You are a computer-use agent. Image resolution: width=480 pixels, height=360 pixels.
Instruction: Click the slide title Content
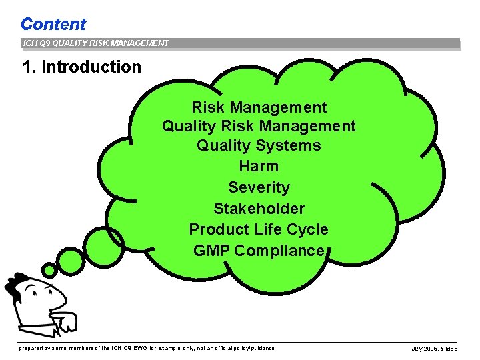[53, 24]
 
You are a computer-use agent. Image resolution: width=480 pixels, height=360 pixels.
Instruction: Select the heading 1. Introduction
[81, 67]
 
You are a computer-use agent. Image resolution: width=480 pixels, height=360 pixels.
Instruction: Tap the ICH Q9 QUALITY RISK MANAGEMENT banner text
[95, 43]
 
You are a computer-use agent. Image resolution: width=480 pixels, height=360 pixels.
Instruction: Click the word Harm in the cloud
[259, 166]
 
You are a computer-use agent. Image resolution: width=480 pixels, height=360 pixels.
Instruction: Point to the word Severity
[259, 187]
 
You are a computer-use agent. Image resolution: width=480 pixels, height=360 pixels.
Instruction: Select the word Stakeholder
[259, 209]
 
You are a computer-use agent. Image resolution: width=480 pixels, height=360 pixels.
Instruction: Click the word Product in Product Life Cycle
[219, 229]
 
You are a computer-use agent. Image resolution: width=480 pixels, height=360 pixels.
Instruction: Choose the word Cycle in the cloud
[307, 229]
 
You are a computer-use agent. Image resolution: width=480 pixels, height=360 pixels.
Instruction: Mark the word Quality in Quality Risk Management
[189, 126]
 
